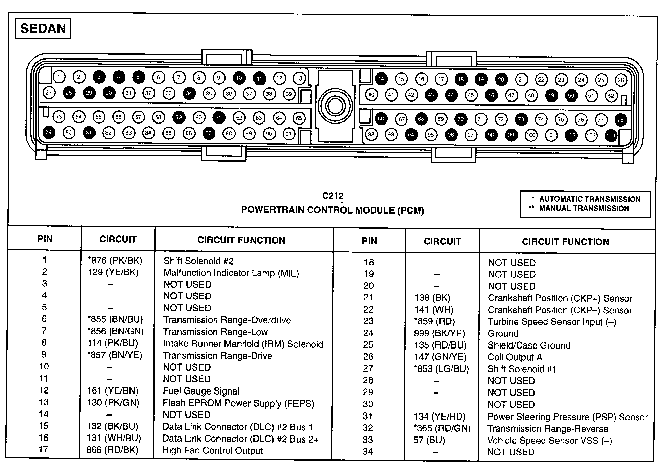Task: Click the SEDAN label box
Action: pyautogui.click(x=43, y=29)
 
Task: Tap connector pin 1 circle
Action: pyautogui.click(x=59, y=77)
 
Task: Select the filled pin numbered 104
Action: pyautogui.click(x=611, y=136)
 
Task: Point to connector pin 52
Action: pyautogui.click(x=611, y=96)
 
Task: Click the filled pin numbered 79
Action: pyautogui.click(x=49, y=132)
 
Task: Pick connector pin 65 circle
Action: pyautogui.click(x=299, y=118)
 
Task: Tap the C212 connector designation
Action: pyautogui.click(x=333, y=196)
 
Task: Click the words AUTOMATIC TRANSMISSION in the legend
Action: pyautogui.click(x=590, y=199)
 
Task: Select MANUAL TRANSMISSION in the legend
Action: pyautogui.click(x=584, y=208)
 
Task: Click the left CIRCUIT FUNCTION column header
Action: pyautogui.click(x=241, y=240)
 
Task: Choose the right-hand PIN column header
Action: pyautogui.click(x=369, y=241)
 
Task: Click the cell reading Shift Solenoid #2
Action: pyautogui.click(x=198, y=261)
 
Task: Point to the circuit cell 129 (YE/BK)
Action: pyautogui.click(x=113, y=272)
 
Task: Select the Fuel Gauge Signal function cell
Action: pyautogui.click(x=201, y=391)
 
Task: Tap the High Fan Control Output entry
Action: pyautogui.click(x=212, y=451)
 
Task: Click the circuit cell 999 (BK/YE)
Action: pyautogui.click(x=439, y=333)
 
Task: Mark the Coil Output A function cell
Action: pyautogui.click(x=515, y=357)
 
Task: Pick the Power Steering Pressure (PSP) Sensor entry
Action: pyautogui.click(x=567, y=417)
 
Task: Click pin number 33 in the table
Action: pyautogui.click(x=367, y=440)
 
